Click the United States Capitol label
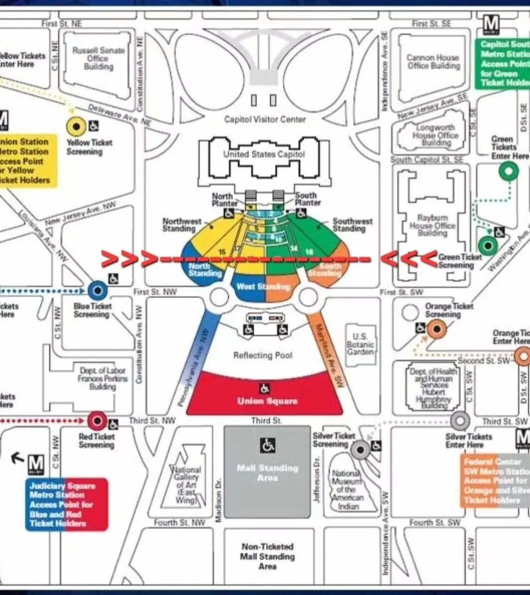click(264, 154)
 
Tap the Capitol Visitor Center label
click(265, 119)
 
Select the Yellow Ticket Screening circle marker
click(76, 126)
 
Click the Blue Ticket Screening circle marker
click(98, 290)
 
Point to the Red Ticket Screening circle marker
click(97, 421)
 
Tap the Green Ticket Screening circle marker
click(488, 245)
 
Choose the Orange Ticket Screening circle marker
click(437, 328)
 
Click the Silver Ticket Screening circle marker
click(360, 450)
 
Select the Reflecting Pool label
click(263, 355)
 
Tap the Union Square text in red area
click(267, 401)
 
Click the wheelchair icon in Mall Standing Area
click(268, 445)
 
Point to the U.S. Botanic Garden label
click(360, 344)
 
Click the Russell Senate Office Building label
click(99, 58)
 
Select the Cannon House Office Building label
click(433, 61)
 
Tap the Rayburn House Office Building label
click(432, 225)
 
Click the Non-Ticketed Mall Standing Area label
click(267, 556)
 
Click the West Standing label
click(263, 287)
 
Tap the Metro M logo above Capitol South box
click(491, 23)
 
